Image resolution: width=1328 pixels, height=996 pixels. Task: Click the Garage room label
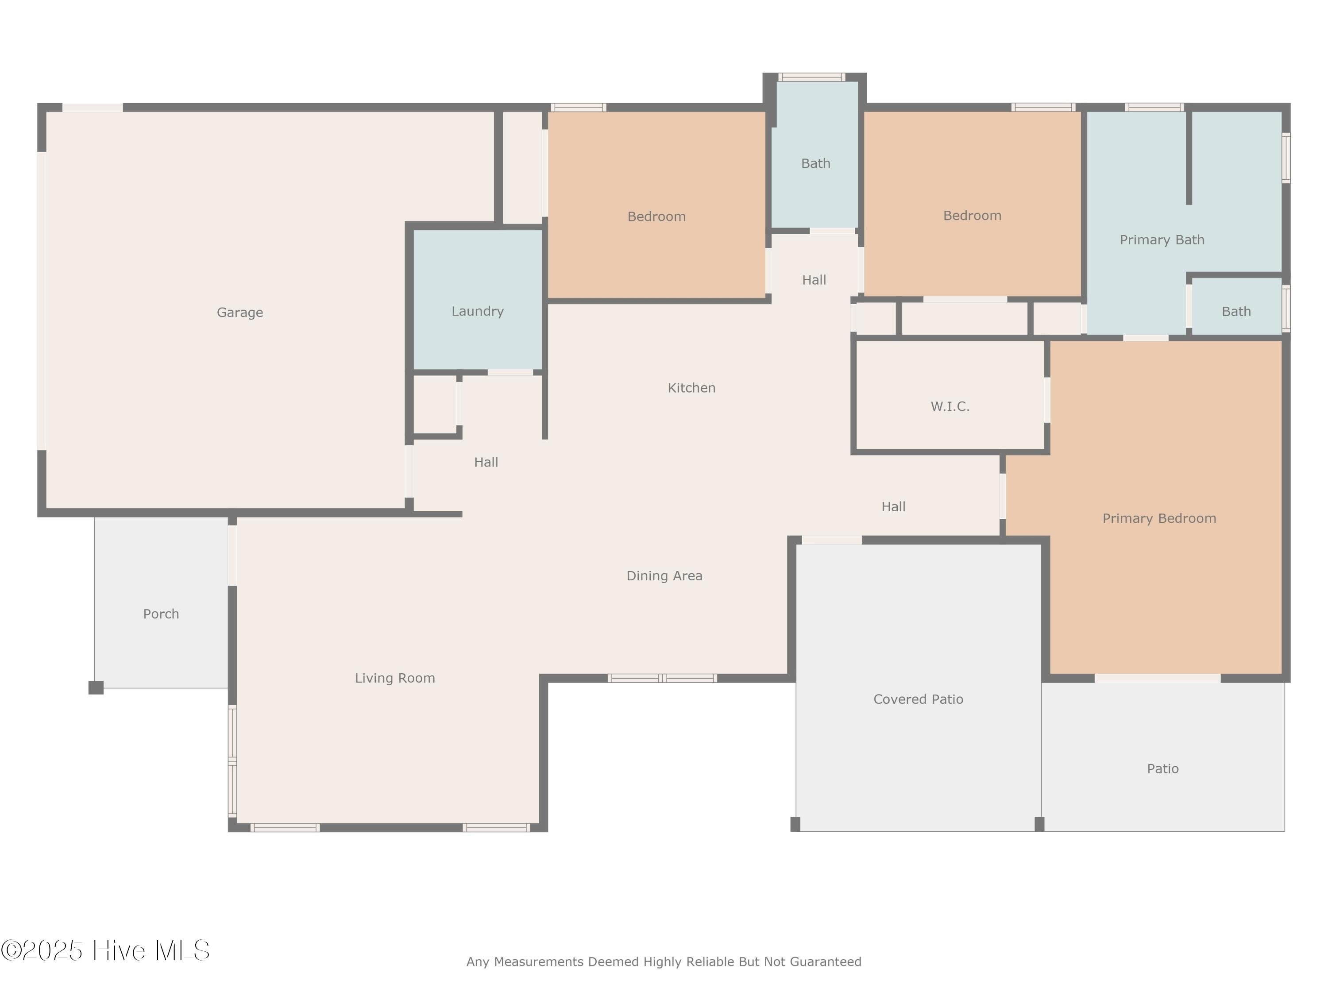[x=239, y=312]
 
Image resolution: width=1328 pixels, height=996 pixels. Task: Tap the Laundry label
[x=477, y=311]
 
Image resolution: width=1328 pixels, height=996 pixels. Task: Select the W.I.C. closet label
[x=950, y=406]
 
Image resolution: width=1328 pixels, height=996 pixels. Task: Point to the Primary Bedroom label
[x=1159, y=518]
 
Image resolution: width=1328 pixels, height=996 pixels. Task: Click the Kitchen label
[x=691, y=388]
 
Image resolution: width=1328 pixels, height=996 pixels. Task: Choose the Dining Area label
[x=664, y=576]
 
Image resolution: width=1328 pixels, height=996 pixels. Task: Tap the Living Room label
[x=394, y=678]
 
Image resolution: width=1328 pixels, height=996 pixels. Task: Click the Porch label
[x=161, y=614]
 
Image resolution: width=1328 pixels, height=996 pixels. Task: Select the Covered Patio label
[x=918, y=699]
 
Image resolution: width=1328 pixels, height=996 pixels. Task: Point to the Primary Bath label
[x=1162, y=239]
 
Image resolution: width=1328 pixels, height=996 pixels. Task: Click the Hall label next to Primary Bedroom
[x=893, y=507]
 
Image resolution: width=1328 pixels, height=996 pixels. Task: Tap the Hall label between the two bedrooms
[x=814, y=280]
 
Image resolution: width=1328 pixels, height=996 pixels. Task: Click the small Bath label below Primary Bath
[x=1236, y=311]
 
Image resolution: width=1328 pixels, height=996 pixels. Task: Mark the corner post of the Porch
[x=96, y=687]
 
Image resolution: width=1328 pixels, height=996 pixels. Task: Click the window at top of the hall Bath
[x=812, y=77]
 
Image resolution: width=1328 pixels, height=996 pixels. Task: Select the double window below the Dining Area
[x=662, y=679]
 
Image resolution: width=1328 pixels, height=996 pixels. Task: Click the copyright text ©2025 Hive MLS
[x=105, y=950]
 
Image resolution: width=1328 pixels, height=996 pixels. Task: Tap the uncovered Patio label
[x=1162, y=768]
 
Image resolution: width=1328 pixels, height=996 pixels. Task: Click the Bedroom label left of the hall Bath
[x=656, y=216]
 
